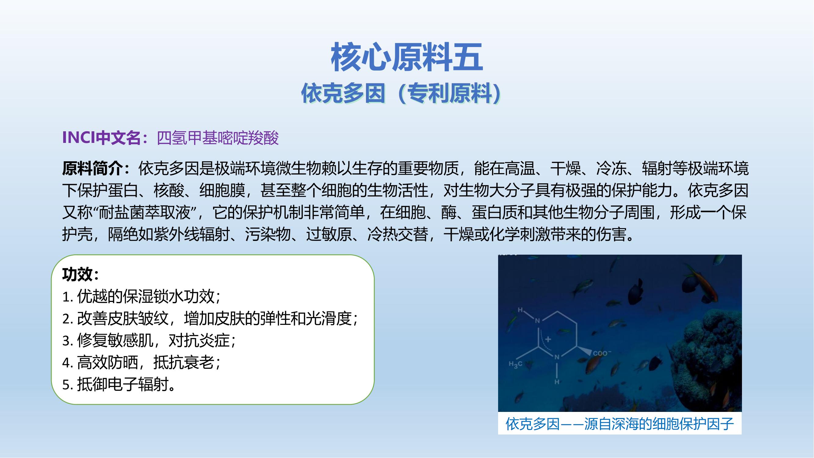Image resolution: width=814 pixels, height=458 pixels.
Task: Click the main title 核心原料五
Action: point(407,57)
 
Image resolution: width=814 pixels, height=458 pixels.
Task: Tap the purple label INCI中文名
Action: point(101,138)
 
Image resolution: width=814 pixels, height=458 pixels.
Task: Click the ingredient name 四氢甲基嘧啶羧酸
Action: point(218,138)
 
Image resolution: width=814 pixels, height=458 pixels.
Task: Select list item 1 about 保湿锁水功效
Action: point(141,296)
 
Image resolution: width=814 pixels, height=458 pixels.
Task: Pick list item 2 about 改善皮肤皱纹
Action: point(210,318)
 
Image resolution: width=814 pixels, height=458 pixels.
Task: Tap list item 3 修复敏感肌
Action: point(149,340)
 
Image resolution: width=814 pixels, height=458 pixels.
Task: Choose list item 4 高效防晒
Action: point(141,362)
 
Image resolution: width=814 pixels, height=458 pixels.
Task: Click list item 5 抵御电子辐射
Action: point(119,385)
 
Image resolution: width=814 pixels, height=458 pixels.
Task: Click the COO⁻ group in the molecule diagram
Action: point(602,353)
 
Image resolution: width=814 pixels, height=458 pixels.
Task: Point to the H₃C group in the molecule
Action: point(515,365)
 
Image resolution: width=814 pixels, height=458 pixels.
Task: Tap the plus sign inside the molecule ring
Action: point(548,339)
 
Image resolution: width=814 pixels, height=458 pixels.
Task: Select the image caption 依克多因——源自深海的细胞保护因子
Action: point(619,424)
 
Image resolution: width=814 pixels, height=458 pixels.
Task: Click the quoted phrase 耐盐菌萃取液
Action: point(145,213)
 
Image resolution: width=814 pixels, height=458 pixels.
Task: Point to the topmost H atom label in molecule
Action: point(520,310)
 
